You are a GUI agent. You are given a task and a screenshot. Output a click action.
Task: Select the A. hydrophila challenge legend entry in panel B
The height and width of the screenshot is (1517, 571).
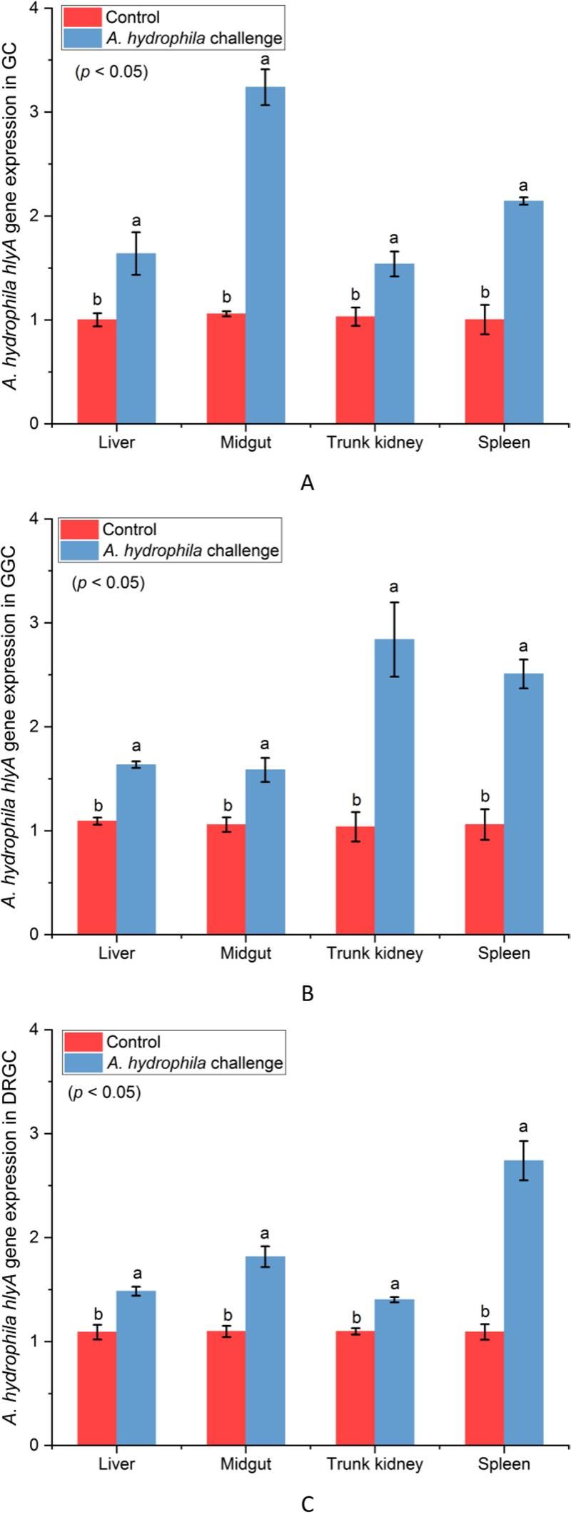(x=191, y=551)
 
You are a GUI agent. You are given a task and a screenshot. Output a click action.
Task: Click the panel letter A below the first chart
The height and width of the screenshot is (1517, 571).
(x=308, y=483)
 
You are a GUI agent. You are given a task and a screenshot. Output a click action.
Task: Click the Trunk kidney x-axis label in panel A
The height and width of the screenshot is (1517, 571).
(x=375, y=442)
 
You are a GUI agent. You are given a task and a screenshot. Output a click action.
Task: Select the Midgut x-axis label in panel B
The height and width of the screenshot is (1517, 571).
(x=246, y=953)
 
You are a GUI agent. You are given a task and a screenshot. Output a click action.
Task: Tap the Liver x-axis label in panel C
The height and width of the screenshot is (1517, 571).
(x=117, y=1463)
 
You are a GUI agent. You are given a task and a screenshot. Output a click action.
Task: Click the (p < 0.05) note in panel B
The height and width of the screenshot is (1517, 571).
(x=108, y=583)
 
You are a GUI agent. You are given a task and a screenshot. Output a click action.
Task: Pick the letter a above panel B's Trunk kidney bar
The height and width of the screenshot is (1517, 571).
(x=393, y=587)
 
